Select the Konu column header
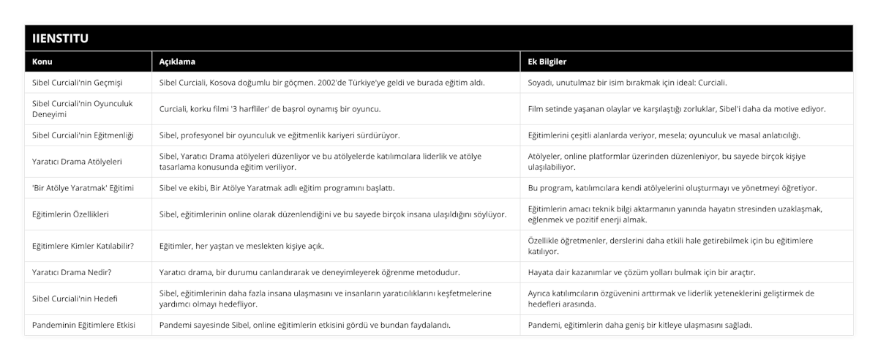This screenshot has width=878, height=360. (42, 61)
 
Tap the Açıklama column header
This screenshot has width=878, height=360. (177, 61)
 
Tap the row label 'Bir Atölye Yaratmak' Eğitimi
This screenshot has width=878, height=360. (83, 188)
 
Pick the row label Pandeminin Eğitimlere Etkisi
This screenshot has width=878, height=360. (84, 325)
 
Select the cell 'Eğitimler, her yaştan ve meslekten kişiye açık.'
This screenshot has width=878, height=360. (241, 246)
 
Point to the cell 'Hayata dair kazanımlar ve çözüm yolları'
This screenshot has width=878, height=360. (641, 272)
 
